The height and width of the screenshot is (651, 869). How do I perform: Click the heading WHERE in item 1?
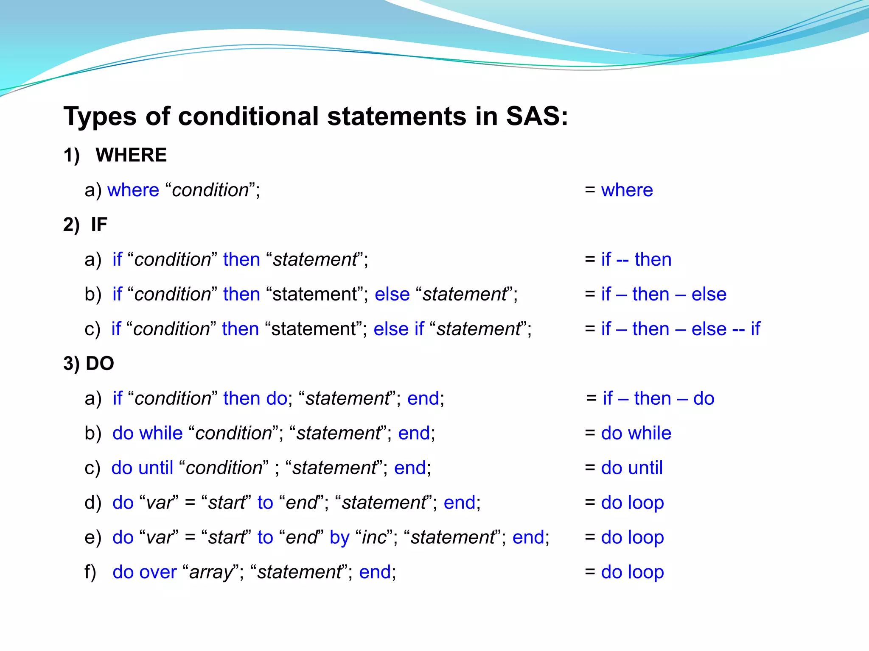pyautogui.click(x=131, y=155)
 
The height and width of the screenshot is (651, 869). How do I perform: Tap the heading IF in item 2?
pyautogui.click(x=99, y=224)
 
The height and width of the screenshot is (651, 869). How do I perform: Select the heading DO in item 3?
pyautogui.click(x=100, y=364)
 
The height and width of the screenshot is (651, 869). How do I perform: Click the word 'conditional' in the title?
pyautogui.click(x=248, y=116)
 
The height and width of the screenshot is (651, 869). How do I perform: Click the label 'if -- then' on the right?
pyautogui.click(x=636, y=259)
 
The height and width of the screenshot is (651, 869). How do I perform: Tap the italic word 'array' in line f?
pyautogui.click(x=211, y=572)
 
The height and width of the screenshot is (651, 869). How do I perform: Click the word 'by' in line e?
pyautogui.click(x=339, y=537)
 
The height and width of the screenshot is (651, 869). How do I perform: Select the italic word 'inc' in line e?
pyautogui.click(x=375, y=537)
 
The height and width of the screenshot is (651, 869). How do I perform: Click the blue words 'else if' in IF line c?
pyautogui.click(x=398, y=329)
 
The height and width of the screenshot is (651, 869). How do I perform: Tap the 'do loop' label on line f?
pyautogui.click(x=632, y=572)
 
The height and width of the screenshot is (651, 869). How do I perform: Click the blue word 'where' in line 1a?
pyautogui.click(x=133, y=190)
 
